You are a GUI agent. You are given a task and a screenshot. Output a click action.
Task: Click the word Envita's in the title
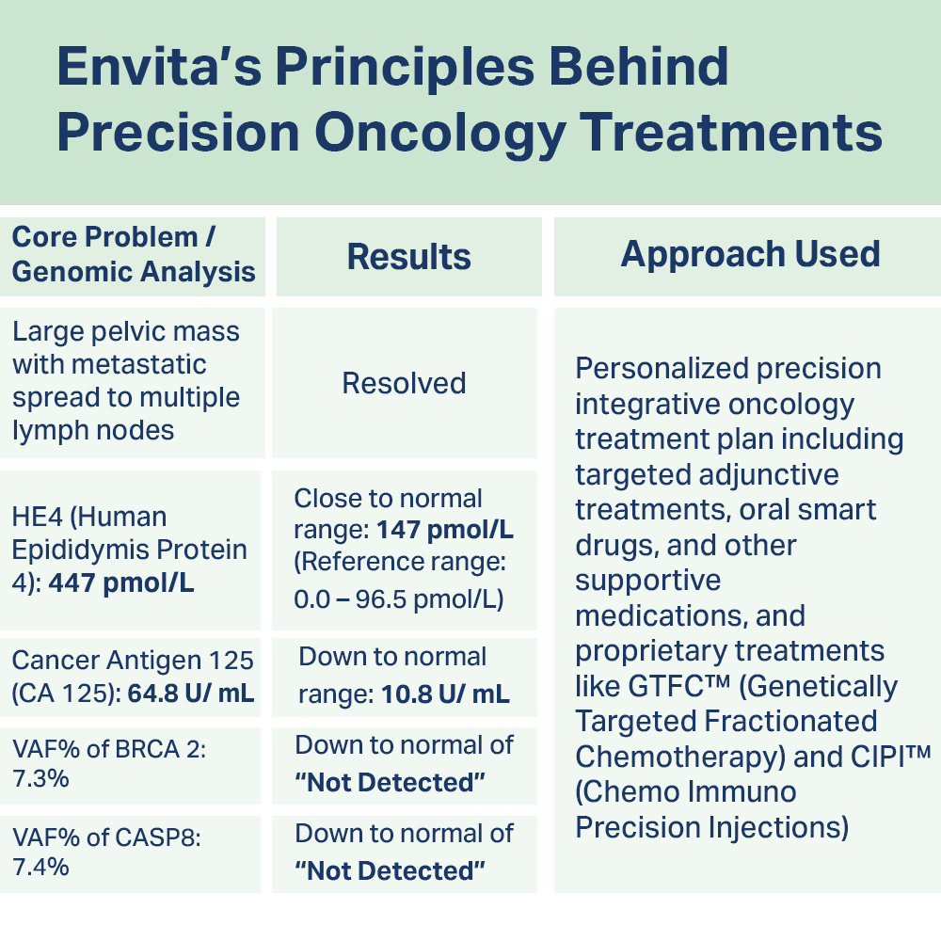pos(160,67)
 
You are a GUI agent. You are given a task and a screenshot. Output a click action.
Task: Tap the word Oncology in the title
pos(439,134)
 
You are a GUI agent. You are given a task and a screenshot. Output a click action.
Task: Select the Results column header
pos(408,257)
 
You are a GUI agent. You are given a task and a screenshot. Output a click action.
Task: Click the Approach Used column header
pos(750,254)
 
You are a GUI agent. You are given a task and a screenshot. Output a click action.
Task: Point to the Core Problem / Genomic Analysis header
pos(134,254)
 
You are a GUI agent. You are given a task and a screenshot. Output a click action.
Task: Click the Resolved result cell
pos(404,383)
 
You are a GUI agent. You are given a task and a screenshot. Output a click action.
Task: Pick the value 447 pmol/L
pos(121,582)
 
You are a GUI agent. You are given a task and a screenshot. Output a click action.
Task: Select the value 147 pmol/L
pos(445,530)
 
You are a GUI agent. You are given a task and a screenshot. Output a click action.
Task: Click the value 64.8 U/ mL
pos(191,694)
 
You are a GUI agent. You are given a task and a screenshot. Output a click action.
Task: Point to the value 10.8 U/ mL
pos(445,694)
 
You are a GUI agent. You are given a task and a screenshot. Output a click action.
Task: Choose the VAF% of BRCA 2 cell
pos(109,763)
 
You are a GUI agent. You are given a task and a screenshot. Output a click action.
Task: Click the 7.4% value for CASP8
pos(40,868)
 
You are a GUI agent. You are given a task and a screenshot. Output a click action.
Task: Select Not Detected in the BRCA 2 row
pos(391,783)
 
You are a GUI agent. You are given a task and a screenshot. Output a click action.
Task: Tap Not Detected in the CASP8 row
pos(391,870)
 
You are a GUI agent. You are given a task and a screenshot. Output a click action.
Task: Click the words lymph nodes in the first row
pos(93,431)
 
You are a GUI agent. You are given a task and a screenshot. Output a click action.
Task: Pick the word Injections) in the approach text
pos(779,828)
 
